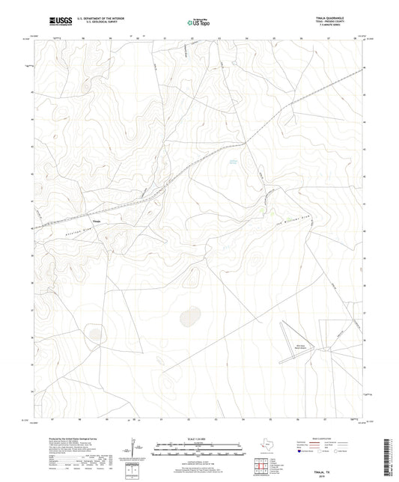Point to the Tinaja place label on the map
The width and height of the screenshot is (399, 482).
pyautogui.click(x=96, y=222)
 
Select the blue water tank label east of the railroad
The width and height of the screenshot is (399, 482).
pyautogui.click(x=232, y=161)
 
